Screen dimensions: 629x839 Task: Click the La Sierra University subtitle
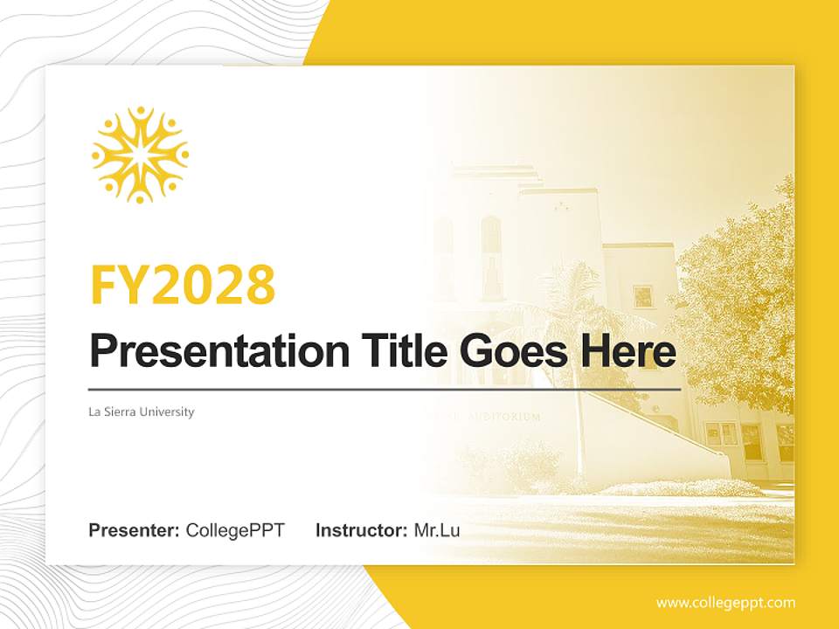(x=142, y=411)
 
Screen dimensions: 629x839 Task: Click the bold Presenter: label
(x=135, y=530)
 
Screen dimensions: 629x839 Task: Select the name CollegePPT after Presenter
(x=235, y=530)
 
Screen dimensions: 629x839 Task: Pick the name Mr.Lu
(x=437, y=530)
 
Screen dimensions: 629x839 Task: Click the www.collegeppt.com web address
(x=725, y=603)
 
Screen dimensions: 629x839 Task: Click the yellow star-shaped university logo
(x=140, y=155)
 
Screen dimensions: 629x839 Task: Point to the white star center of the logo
(x=140, y=156)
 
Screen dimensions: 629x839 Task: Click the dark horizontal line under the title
(x=385, y=389)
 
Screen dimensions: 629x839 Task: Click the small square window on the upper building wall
(x=643, y=296)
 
